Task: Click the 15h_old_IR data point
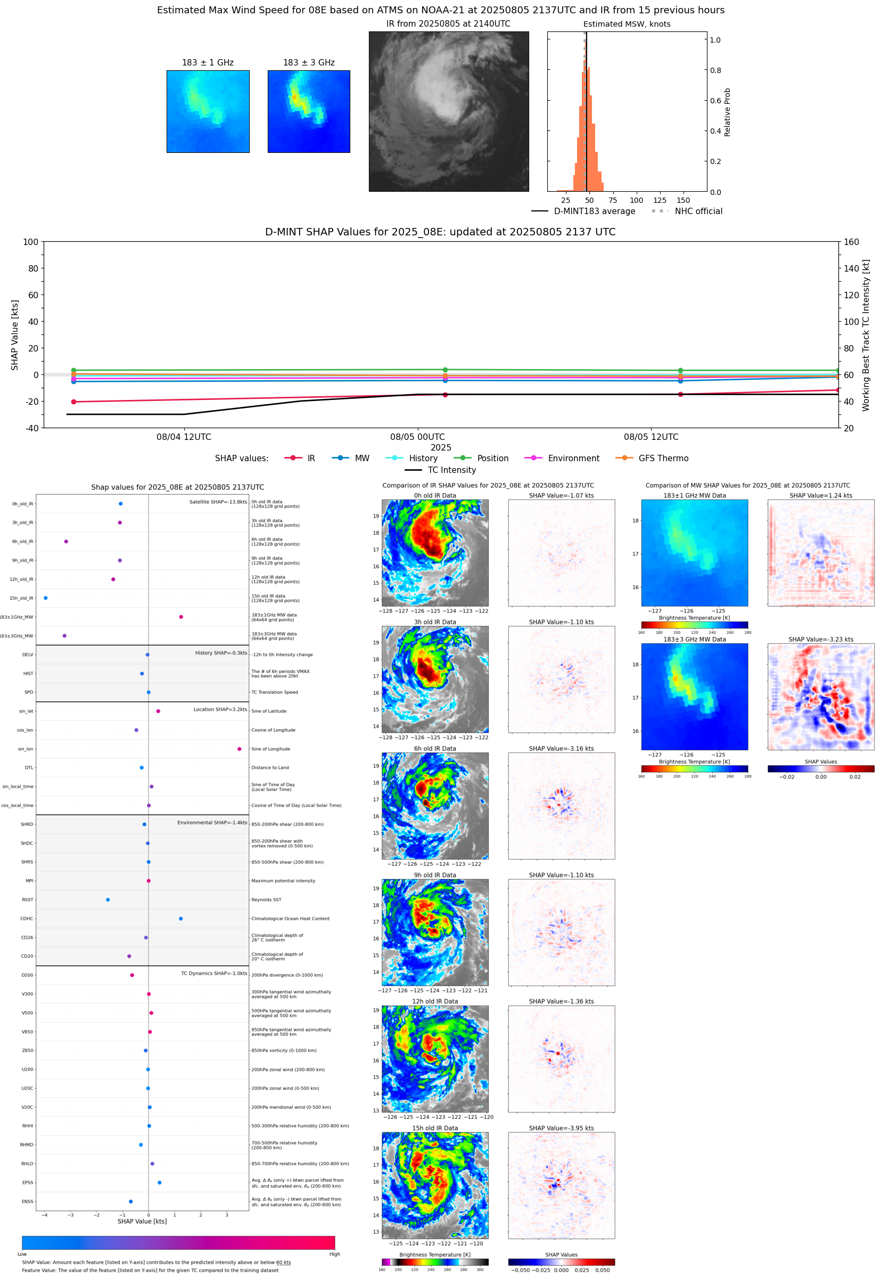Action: point(45,598)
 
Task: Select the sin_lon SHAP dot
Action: point(239,749)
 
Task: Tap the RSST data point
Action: point(108,899)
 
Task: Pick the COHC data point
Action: point(180,918)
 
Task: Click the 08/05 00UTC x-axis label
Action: point(417,437)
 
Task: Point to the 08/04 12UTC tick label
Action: point(183,437)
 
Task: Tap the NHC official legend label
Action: point(698,211)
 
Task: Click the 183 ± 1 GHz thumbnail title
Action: point(208,63)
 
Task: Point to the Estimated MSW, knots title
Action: point(627,24)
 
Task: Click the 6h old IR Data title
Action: point(435,749)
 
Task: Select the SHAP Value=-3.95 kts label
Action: point(561,1128)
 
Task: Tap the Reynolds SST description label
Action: point(266,899)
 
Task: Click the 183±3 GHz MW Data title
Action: point(695,640)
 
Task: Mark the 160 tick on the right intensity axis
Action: point(851,242)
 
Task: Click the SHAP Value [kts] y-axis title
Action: point(15,334)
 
